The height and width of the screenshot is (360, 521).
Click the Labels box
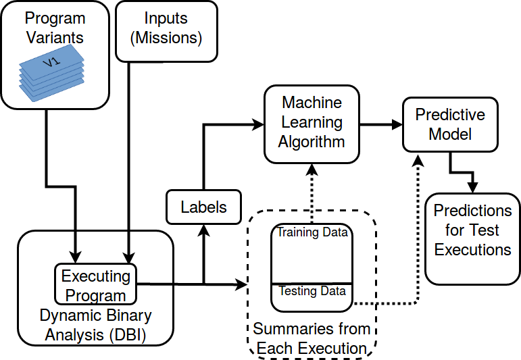tap(203, 207)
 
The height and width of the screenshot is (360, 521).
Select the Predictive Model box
tap(449, 124)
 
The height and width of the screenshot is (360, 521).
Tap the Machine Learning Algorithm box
tap(312, 123)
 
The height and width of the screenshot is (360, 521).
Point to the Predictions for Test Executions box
tap(472, 230)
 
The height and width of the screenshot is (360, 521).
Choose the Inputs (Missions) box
tap(166, 28)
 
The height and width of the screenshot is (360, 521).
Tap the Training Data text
tap(312, 233)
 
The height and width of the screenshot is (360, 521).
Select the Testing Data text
tap(312, 292)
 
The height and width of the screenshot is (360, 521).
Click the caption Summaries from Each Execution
tap(312, 339)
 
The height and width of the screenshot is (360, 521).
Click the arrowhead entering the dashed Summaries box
tap(243, 285)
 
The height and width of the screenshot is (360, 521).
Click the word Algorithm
tap(312, 142)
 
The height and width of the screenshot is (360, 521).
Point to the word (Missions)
tap(166, 38)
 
